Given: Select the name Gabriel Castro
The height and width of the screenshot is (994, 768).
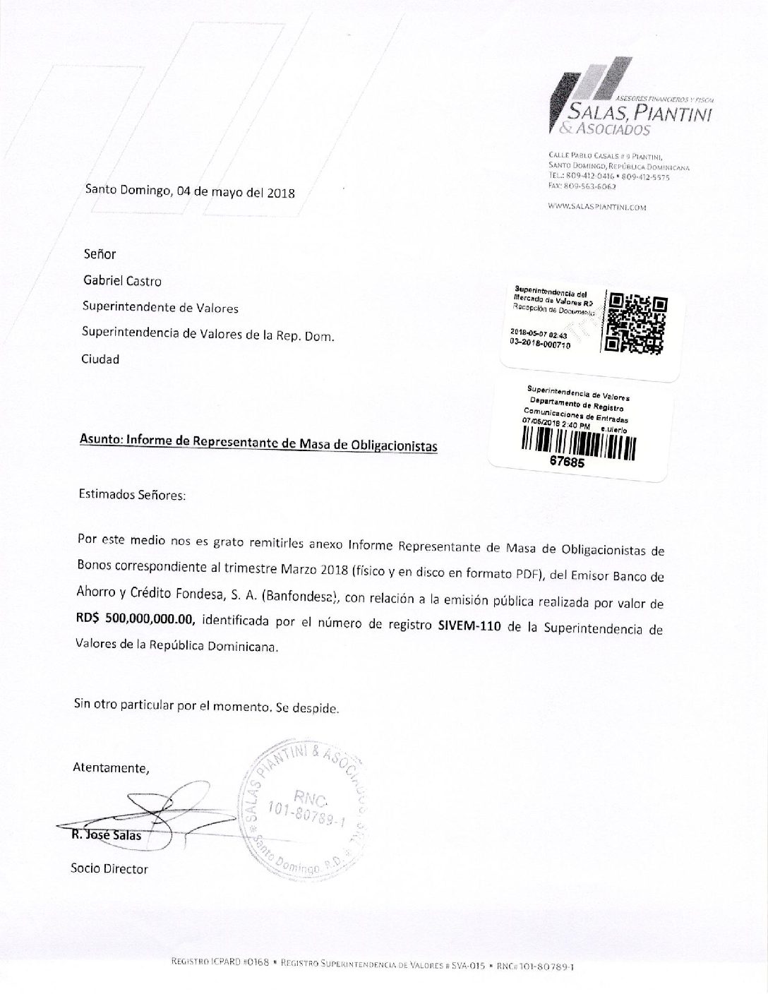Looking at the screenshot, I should [x=122, y=281].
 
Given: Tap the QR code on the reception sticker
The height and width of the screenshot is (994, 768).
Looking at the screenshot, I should [x=637, y=323].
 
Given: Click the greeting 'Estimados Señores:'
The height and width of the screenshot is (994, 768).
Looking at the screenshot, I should [x=132, y=495].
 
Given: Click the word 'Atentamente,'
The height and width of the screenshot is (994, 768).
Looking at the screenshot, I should [x=111, y=767].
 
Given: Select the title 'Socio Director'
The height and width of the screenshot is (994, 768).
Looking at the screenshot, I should [x=109, y=868].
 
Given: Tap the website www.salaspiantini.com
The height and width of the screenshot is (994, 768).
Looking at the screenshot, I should [x=597, y=208].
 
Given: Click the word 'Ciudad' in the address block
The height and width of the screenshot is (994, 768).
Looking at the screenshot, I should [x=100, y=359].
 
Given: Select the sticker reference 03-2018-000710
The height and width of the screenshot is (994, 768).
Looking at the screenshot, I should [x=540, y=343].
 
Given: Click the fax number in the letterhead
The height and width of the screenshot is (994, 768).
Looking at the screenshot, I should [x=582, y=186].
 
